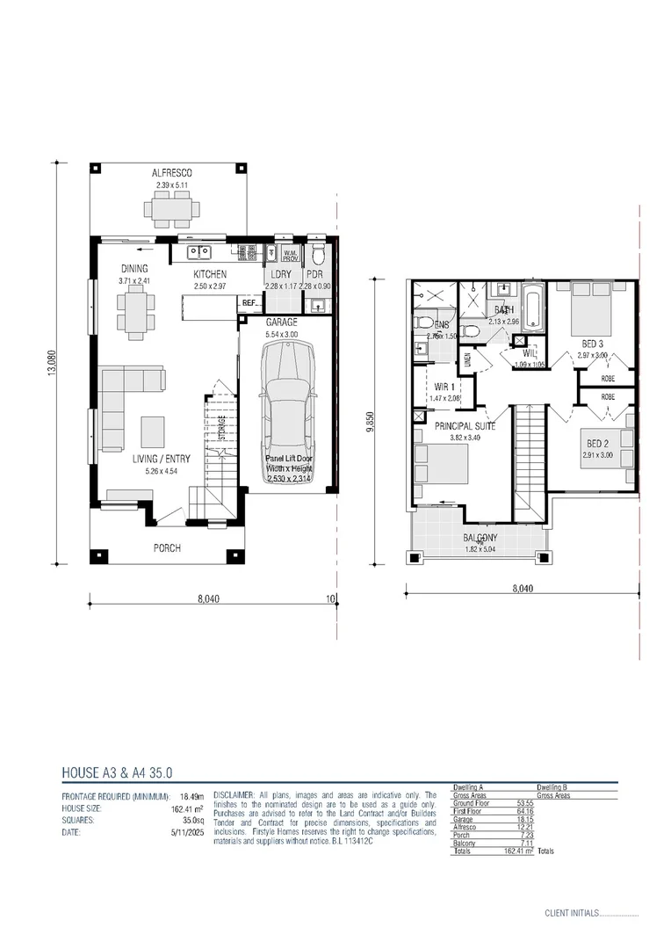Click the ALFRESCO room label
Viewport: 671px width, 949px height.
coord(173,173)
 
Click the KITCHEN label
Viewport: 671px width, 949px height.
coord(210,274)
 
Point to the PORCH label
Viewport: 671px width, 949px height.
coord(167,548)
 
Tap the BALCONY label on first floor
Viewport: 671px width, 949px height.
coord(480,538)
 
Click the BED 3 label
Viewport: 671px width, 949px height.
coord(592,344)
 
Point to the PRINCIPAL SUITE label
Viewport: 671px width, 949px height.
coord(465,425)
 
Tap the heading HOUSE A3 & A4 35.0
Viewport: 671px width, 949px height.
coord(117,773)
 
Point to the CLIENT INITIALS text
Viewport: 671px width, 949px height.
coord(571,914)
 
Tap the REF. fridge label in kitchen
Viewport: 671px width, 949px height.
coord(249,304)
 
